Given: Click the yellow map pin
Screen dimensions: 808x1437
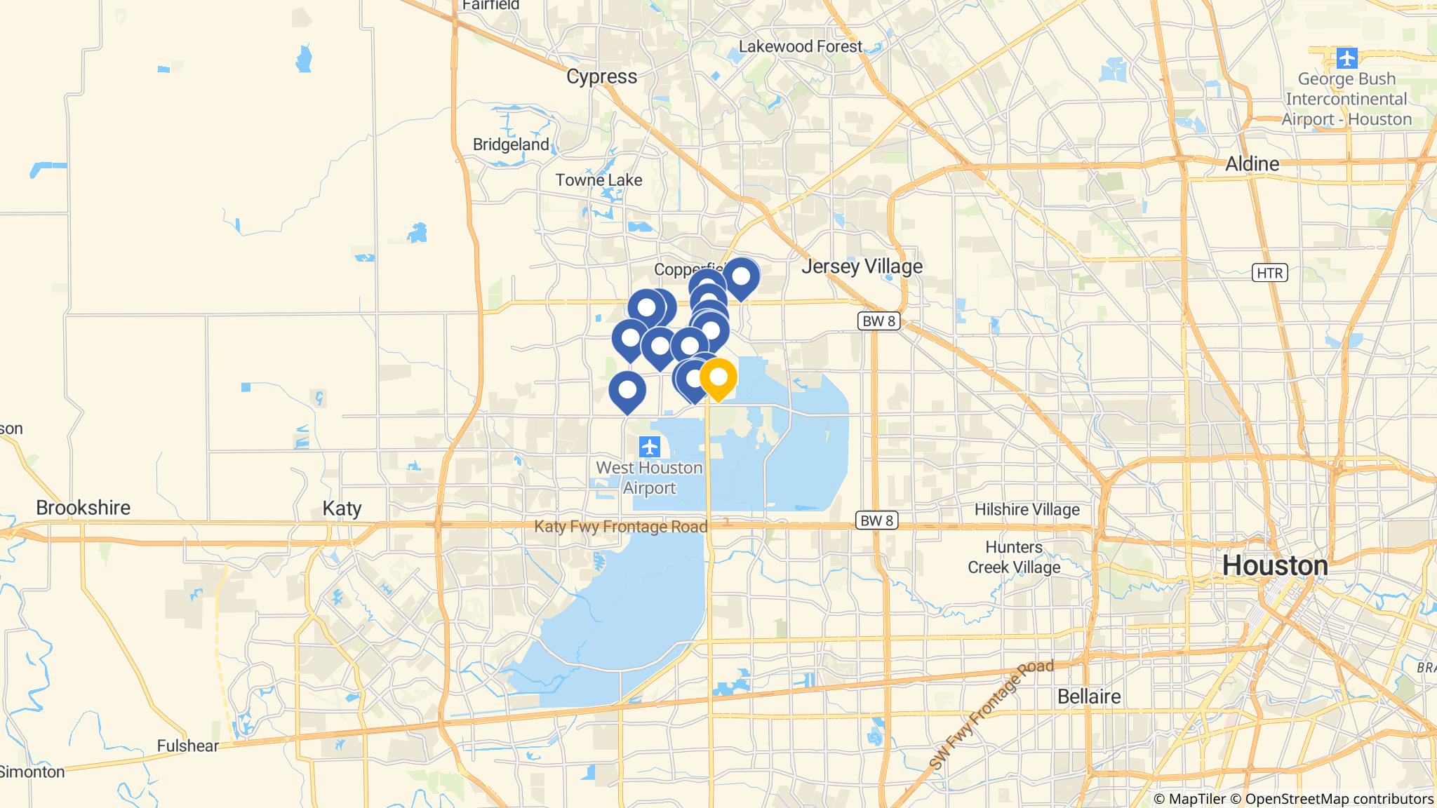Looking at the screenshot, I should coord(718,378).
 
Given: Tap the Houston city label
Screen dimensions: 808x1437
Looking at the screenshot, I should coord(1275,566).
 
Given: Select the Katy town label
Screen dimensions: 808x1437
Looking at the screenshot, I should coord(342,509).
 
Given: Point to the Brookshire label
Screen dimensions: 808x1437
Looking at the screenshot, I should coord(83,508).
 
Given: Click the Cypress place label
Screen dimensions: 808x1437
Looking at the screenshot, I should coord(601,76).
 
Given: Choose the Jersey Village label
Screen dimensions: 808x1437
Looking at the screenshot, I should coord(862,267).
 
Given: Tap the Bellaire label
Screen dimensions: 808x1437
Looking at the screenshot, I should coord(1089,696).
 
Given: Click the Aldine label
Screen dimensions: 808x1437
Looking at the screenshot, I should coord(1252,164).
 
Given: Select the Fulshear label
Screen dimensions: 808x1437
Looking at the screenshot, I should coord(187,746).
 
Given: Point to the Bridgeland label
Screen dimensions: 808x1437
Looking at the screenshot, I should coord(511,144).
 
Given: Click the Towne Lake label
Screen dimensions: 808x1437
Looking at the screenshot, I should coord(599,180).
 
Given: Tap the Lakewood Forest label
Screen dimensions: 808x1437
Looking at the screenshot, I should coord(800,46).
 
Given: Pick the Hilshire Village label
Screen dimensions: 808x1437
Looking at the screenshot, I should coord(1027,510).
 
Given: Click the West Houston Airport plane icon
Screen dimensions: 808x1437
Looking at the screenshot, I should coord(650,446).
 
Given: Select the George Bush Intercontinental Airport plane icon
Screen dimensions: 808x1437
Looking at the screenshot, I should coord(1346,58).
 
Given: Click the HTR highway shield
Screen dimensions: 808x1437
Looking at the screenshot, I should coord(1269,272).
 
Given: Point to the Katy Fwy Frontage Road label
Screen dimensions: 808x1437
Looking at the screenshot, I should coord(620,527).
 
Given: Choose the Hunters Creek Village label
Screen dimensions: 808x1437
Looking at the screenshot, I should coord(1014,557).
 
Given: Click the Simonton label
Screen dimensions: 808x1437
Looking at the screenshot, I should coord(32,772).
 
